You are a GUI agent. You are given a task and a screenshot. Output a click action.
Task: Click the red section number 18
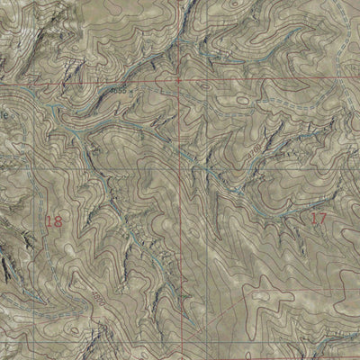pyautogui.click(x=53, y=220)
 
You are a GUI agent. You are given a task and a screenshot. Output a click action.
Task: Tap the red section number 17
pyautogui.click(x=318, y=218)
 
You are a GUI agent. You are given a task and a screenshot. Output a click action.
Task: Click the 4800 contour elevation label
pyautogui.click(x=94, y=296)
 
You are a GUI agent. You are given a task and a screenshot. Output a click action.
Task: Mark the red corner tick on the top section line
pyautogui.click(x=180, y=80)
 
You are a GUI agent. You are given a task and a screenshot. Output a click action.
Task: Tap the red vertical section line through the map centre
pyautogui.click(x=189, y=225)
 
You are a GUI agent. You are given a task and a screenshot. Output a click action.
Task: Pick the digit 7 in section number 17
pyautogui.click(x=322, y=218)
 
